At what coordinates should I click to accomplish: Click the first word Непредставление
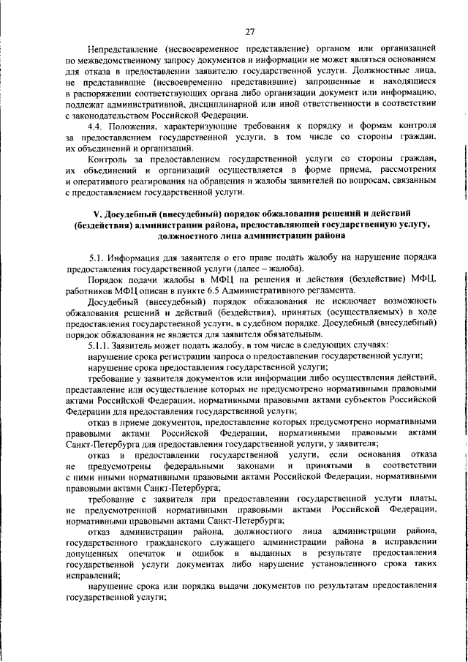(x=121, y=46)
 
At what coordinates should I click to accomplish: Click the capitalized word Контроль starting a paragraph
(x=107, y=159)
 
